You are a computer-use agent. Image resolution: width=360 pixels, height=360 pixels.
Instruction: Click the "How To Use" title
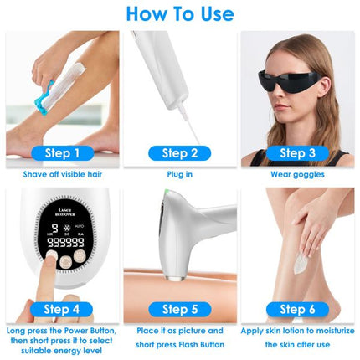click(180, 14)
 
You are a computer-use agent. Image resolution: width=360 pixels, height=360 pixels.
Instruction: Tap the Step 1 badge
click(63, 153)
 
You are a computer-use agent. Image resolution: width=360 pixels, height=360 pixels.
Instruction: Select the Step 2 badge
click(180, 153)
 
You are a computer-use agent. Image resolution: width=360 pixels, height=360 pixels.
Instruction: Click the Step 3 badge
click(297, 153)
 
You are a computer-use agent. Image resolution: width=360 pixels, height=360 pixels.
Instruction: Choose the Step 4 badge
click(61, 309)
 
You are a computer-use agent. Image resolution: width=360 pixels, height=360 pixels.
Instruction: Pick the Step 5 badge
click(180, 309)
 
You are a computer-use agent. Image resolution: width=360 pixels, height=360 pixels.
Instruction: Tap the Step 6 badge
click(297, 309)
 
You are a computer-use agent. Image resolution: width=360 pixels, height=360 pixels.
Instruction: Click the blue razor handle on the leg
click(44, 99)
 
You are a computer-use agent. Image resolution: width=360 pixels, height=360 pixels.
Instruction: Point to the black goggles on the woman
click(289, 80)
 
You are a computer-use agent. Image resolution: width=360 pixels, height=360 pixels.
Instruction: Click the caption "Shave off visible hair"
click(63, 174)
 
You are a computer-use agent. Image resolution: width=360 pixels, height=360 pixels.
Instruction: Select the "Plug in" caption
click(180, 174)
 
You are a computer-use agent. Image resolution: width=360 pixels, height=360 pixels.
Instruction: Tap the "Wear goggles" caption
click(297, 175)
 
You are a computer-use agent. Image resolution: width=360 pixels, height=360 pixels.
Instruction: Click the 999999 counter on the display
click(65, 242)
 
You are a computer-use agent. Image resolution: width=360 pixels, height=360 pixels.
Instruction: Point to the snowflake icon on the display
click(67, 228)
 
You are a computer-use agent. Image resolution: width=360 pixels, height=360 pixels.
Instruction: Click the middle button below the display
click(65, 261)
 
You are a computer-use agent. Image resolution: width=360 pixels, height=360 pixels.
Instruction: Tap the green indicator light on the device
click(167, 191)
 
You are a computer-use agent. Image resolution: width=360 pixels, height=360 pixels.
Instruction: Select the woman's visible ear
click(325, 86)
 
